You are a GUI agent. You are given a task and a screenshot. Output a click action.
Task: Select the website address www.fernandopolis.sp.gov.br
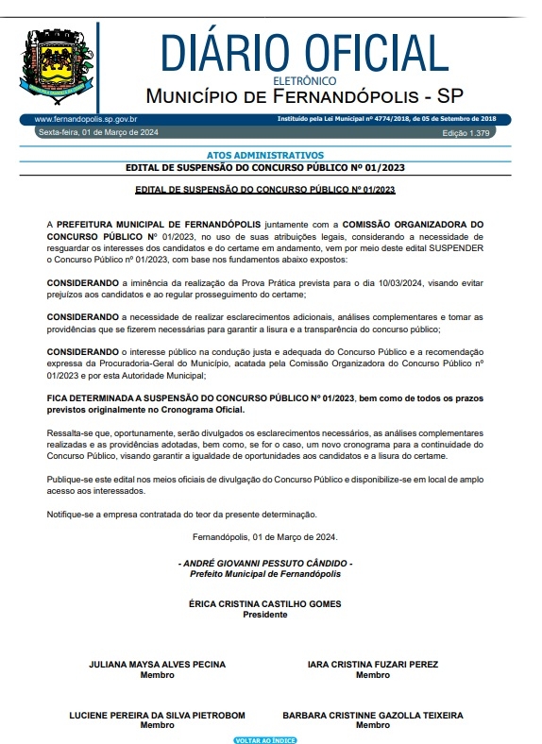tap(86, 120)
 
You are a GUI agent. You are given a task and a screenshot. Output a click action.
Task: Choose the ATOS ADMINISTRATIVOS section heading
tap(264, 155)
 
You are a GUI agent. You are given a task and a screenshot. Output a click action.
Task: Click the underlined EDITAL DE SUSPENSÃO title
tap(264, 190)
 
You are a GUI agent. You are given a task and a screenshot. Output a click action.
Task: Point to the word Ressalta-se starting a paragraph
tap(69, 431)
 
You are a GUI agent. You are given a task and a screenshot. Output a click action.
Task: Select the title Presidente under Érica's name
tap(264, 615)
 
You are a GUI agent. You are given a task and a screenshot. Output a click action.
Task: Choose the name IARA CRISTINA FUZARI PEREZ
tap(373, 665)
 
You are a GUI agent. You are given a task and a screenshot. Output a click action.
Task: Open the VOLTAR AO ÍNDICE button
tap(265, 740)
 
